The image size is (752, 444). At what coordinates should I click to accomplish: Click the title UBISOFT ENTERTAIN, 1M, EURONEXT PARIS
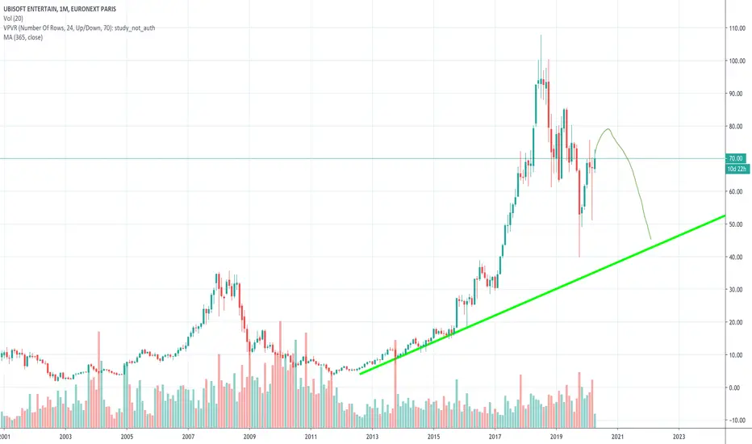click(60, 9)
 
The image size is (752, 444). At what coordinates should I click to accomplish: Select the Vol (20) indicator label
click(13, 19)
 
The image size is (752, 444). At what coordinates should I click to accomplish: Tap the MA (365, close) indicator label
click(23, 37)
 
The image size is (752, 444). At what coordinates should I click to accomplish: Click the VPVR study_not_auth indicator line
click(79, 27)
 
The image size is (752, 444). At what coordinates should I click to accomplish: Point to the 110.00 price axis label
click(737, 28)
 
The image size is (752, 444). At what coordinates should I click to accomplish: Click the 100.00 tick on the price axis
click(737, 61)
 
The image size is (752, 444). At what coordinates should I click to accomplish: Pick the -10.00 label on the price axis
click(737, 420)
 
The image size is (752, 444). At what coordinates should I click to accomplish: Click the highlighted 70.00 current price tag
click(736, 158)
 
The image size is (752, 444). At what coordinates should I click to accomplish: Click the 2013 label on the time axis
click(372, 437)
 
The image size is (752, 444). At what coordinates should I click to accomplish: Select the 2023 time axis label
click(679, 437)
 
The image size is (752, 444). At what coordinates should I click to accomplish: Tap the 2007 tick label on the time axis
click(188, 437)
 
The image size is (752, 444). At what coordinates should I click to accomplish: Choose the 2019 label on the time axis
click(556, 437)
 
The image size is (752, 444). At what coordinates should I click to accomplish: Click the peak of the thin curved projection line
click(608, 128)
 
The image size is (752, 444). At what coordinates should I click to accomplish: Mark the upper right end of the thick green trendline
click(725, 216)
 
